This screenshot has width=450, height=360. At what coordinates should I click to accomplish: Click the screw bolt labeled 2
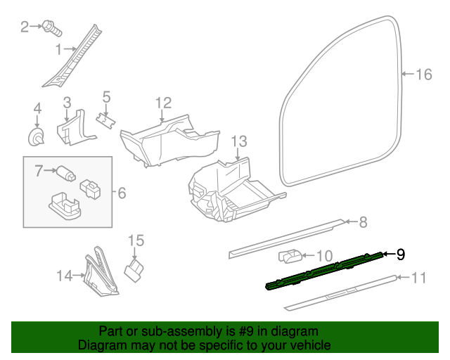51,28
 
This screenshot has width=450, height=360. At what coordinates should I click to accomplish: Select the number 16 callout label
423,75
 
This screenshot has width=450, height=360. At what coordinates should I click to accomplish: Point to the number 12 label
163,103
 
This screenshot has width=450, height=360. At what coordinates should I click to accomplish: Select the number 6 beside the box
121,191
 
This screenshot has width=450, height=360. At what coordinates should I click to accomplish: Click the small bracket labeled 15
134,269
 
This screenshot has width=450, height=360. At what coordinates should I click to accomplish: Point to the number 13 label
239,141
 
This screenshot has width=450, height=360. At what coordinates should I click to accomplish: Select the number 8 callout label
363,223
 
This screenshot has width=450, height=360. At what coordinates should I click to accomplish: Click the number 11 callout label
418,278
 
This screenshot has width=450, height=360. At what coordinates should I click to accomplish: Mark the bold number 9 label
401,255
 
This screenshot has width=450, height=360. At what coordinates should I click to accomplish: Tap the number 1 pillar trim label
60,49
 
